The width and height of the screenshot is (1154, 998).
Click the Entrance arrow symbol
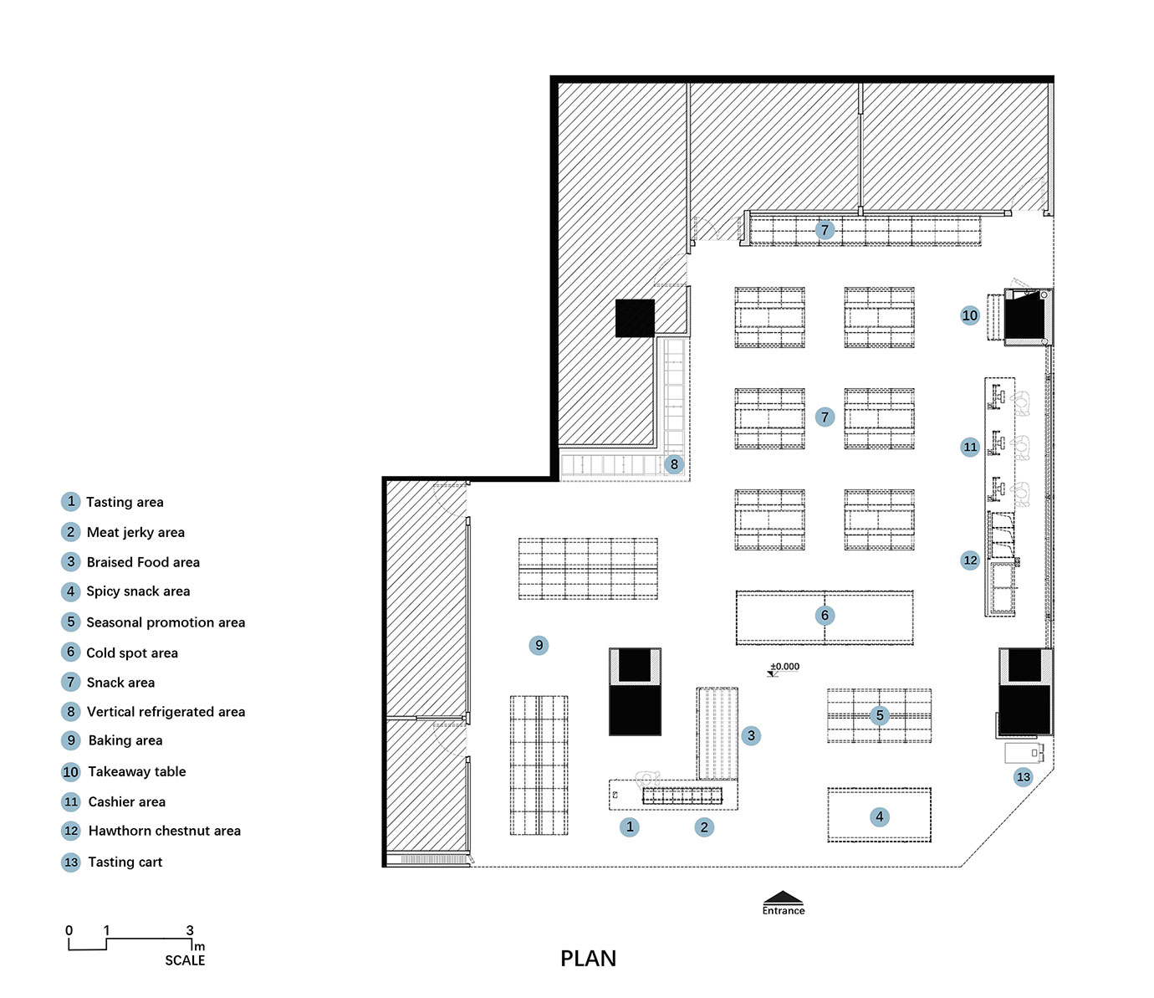pyautogui.click(x=783, y=897)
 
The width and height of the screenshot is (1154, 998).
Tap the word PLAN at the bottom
pyautogui.click(x=588, y=959)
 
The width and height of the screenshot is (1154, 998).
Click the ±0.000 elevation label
pyautogui.click(x=784, y=666)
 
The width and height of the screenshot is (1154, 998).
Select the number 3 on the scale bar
pyautogui.click(x=190, y=930)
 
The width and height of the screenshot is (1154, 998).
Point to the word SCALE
pyautogui.click(x=185, y=960)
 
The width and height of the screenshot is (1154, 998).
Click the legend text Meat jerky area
pyautogui.click(x=135, y=532)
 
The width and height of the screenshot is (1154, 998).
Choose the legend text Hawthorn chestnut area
pyautogui.click(x=165, y=831)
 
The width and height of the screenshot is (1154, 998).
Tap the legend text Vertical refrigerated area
pyautogui.click(x=166, y=712)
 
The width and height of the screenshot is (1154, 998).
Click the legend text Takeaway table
pyautogui.click(x=137, y=771)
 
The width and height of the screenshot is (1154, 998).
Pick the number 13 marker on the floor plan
pyautogui.click(x=1023, y=777)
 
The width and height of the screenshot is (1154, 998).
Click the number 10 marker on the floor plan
pyautogui.click(x=970, y=315)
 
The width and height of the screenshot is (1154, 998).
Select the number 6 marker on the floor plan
pyautogui.click(x=825, y=616)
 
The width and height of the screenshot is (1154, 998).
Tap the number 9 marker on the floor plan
pyautogui.click(x=539, y=645)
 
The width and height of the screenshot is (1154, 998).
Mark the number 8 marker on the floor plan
pyautogui.click(x=675, y=464)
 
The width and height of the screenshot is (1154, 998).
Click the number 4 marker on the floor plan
pyautogui.click(x=880, y=817)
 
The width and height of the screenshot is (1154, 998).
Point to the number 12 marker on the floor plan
pyautogui.click(x=970, y=560)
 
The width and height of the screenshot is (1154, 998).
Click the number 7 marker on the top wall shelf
pyautogui.click(x=825, y=229)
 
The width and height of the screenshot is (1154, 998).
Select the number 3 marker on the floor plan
pyautogui.click(x=751, y=735)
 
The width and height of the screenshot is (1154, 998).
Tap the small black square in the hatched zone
pyautogui.click(x=635, y=319)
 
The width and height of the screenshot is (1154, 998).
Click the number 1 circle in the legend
pyautogui.click(x=70, y=502)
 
